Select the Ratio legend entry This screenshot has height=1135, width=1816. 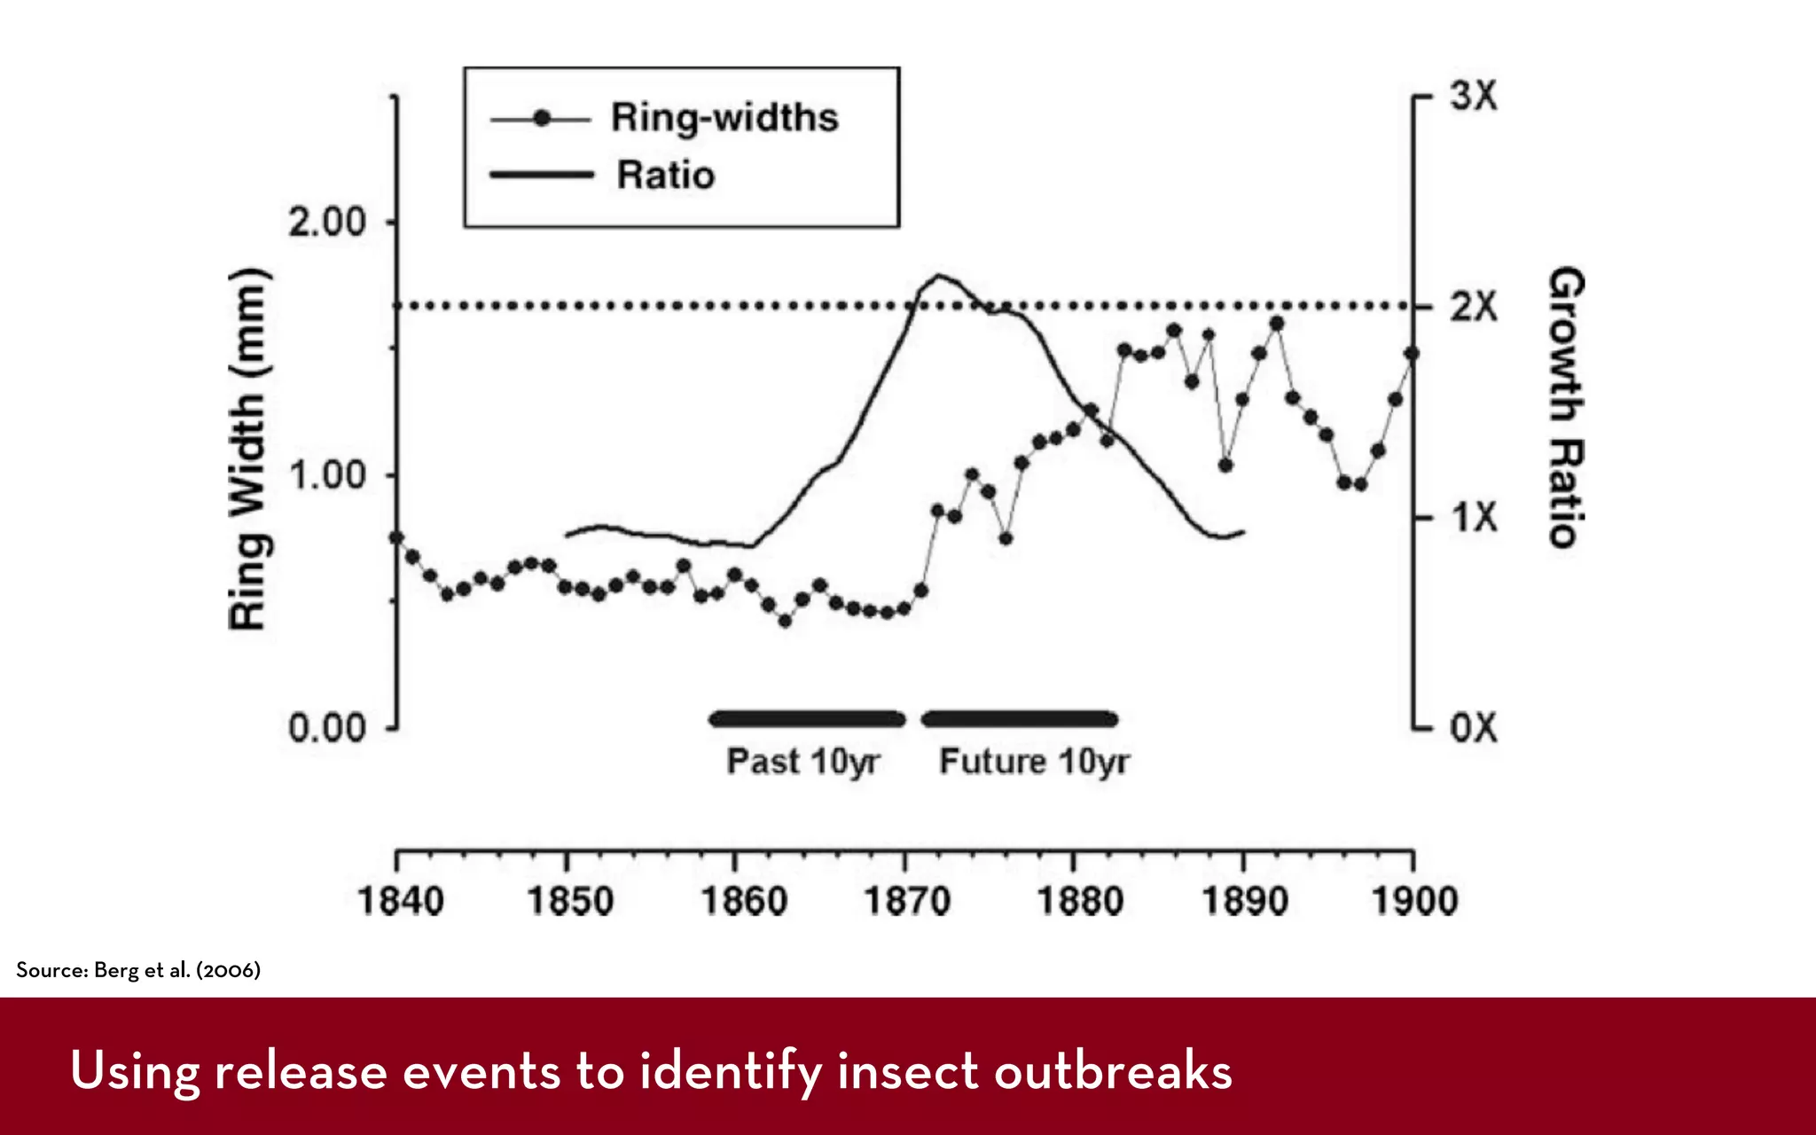[x=665, y=175]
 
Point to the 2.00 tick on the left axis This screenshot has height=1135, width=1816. [x=327, y=222]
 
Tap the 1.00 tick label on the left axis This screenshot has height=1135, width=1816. [x=327, y=475]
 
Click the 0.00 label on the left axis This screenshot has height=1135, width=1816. [x=327, y=728]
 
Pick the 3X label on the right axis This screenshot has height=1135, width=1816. [x=1474, y=96]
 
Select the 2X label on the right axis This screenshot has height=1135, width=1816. [x=1474, y=307]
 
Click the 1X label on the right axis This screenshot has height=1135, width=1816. [x=1474, y=517]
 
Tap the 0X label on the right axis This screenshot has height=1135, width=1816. [x=1474, y=728]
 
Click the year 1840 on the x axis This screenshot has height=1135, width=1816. [x=400, y=901]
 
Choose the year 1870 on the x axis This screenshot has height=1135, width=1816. [x=907, y=901]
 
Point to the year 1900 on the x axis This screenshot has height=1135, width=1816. [x=1414, y=901]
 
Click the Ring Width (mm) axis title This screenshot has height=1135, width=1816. [x=248, y=449]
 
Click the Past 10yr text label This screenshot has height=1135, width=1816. [x=802, y=762]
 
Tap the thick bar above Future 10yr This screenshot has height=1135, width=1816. [x=1019, y=718]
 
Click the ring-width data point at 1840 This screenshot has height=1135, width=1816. [x=396, y=537]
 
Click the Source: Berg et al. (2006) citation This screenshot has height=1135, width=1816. [x=138, y=970]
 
